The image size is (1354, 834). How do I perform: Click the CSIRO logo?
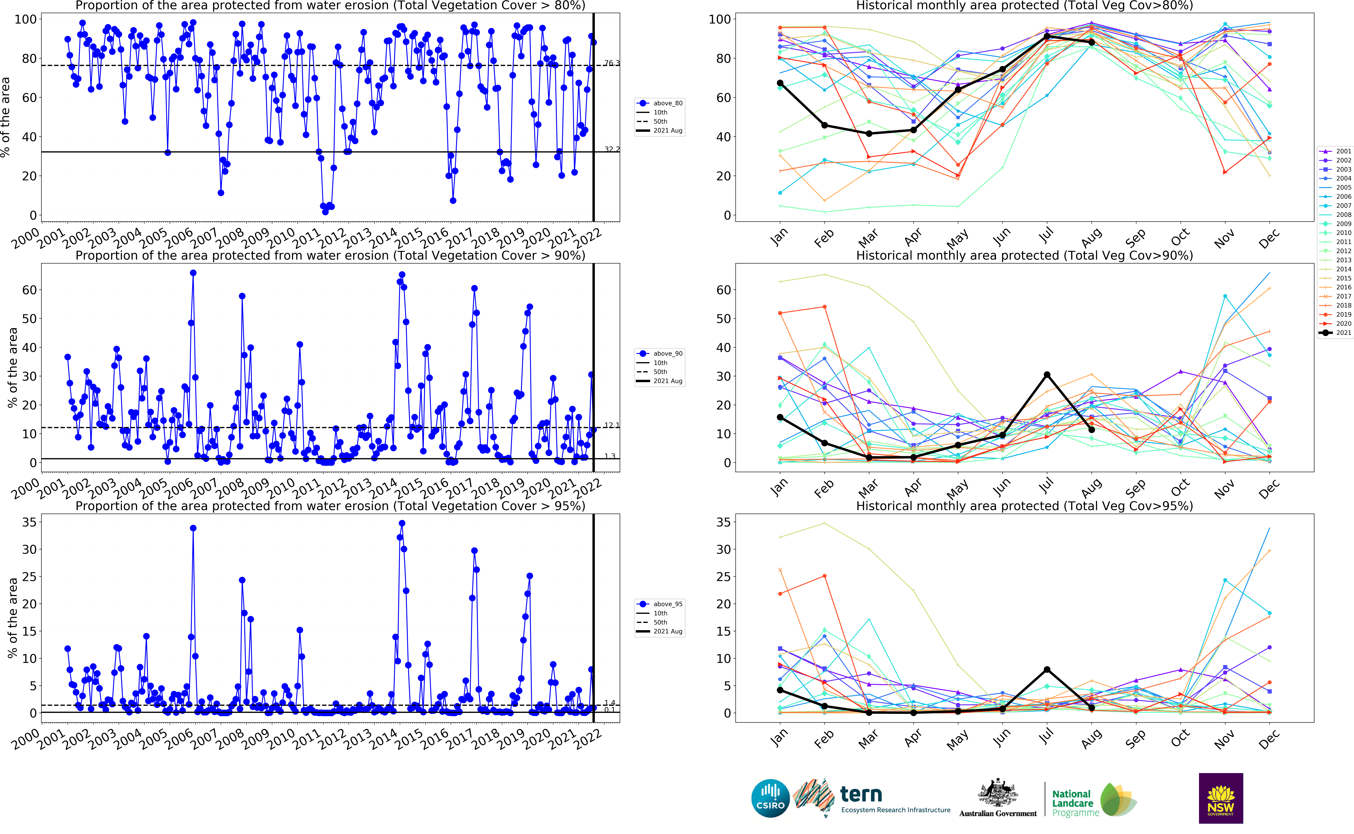tap(770, 798)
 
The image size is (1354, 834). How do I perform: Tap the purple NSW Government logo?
tap(1221, 798)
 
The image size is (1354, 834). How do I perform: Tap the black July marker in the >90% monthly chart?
tap(1047, 375)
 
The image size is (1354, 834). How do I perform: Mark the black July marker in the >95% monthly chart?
tap(1047, 670)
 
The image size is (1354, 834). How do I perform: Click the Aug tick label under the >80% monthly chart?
tap(1091, 238)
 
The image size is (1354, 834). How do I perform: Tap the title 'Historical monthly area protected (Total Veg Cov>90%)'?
tap(1024, 255)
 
